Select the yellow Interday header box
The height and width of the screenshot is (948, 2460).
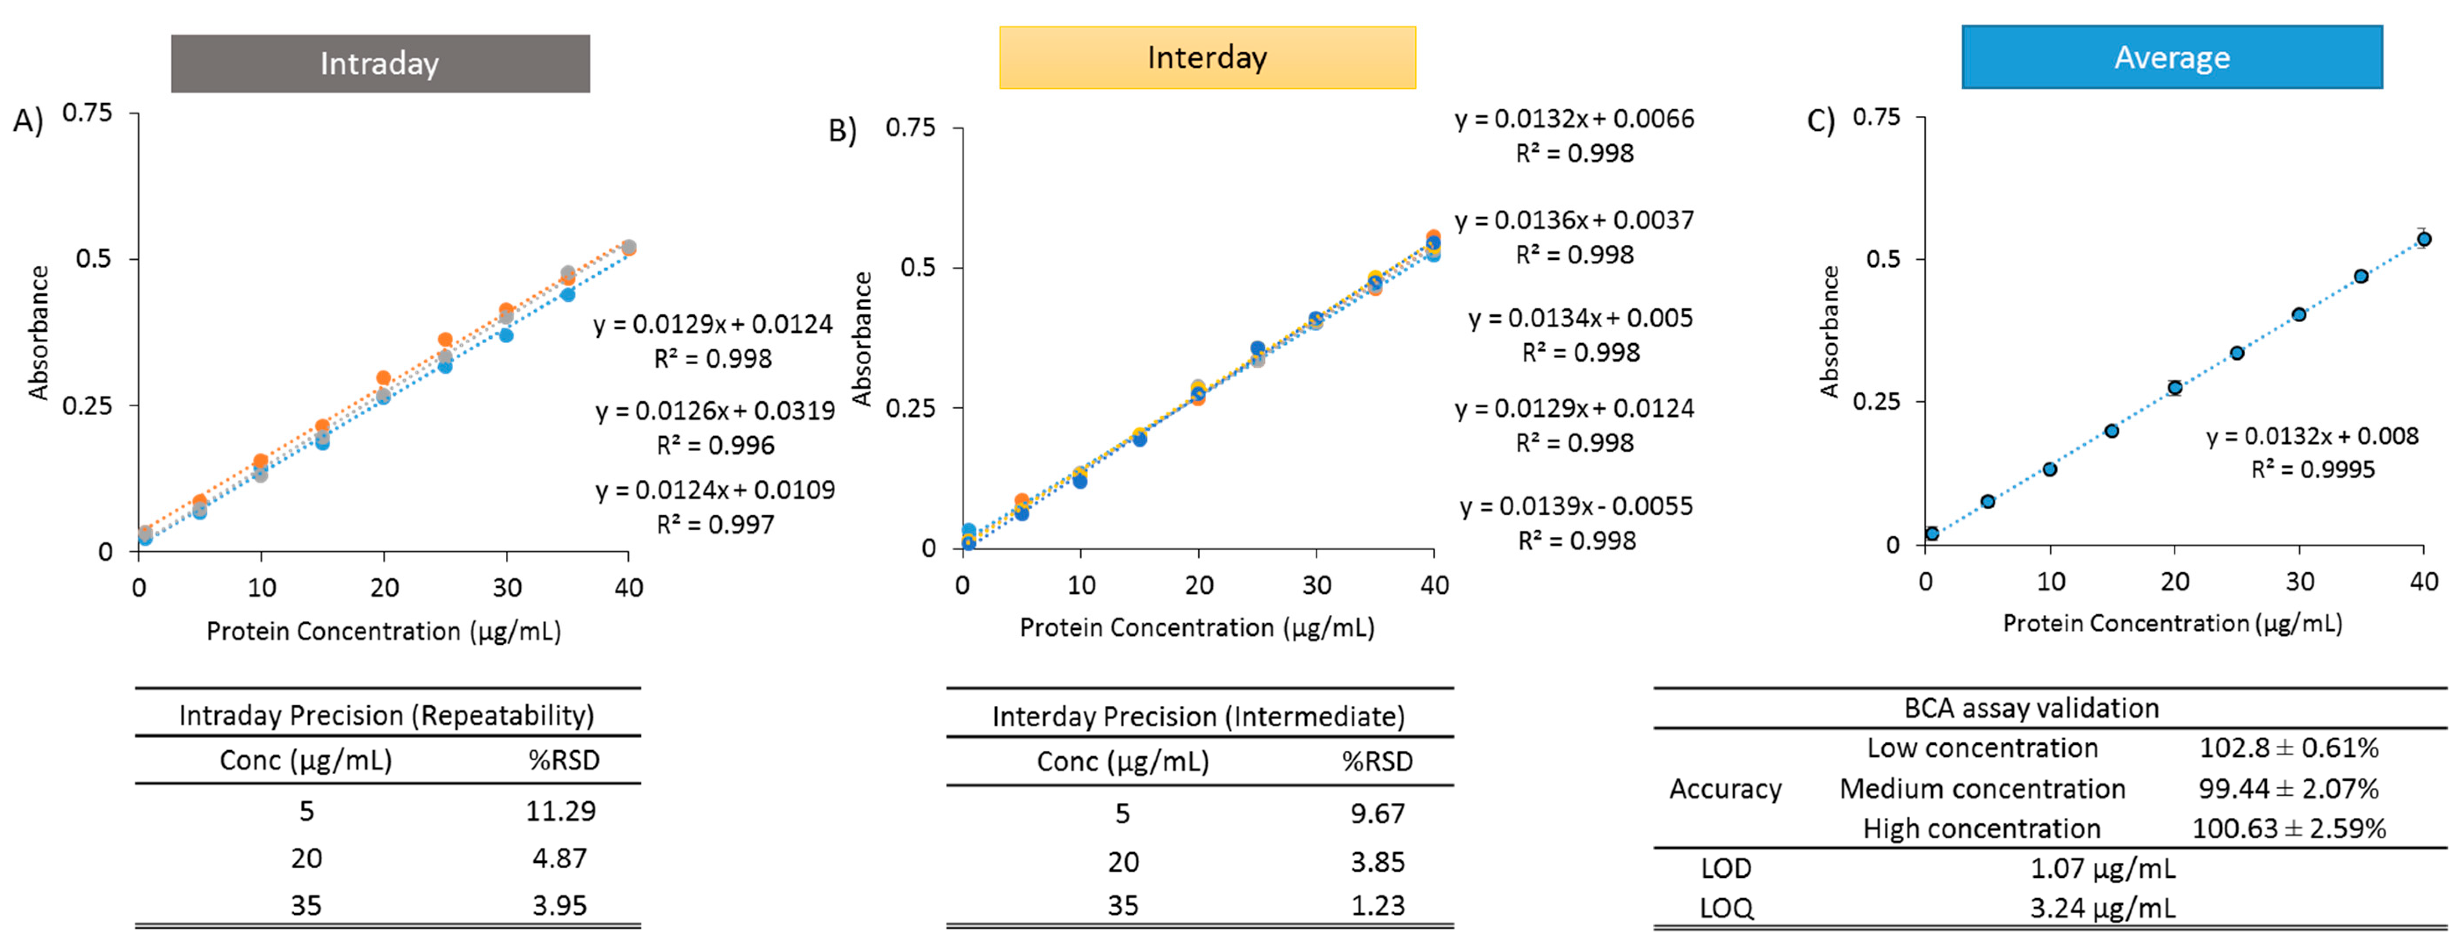[1207, 57]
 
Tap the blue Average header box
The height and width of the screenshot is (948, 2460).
[2171, 57]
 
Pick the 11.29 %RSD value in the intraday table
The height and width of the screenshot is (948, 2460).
[561, 811]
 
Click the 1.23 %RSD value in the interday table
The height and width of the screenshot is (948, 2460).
[1377, 905]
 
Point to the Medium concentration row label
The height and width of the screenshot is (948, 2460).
[1983, 789]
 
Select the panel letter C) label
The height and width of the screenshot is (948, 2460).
[1820, 121]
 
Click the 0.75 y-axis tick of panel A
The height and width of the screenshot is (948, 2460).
[87, 113]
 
